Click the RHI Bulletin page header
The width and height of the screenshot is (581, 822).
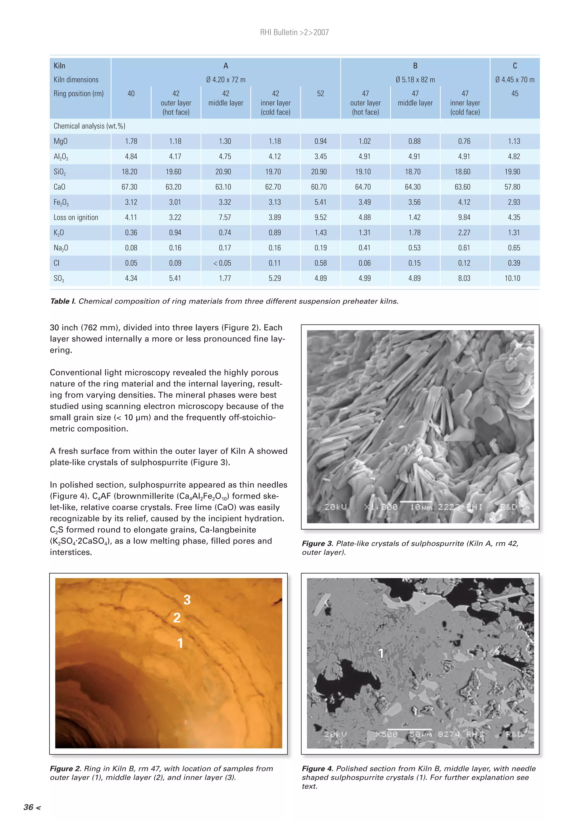294,33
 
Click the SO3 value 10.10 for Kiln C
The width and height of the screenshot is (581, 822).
512,278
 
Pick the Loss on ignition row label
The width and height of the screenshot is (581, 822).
76,217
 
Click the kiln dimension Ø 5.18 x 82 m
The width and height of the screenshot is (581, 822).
415,80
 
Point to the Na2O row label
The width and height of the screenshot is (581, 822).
61,248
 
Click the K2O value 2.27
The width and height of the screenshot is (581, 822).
464,233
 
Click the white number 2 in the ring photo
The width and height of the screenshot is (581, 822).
177,618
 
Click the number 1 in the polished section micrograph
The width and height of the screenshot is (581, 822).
381,653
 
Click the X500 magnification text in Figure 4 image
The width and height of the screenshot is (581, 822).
386,734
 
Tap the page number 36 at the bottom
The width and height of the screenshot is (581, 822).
29,807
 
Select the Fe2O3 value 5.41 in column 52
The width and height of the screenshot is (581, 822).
320,202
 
